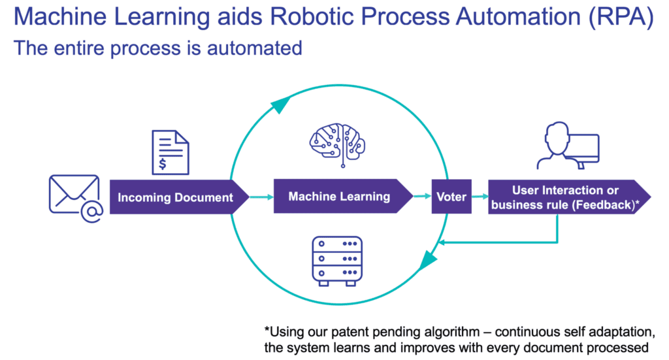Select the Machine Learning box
coord(340,196)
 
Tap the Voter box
coord(451,196)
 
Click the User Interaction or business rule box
coord(566,197)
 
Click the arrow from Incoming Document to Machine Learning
coord(261,197)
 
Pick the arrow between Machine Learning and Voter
coord(421,197)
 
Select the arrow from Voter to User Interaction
coord(480,197)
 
